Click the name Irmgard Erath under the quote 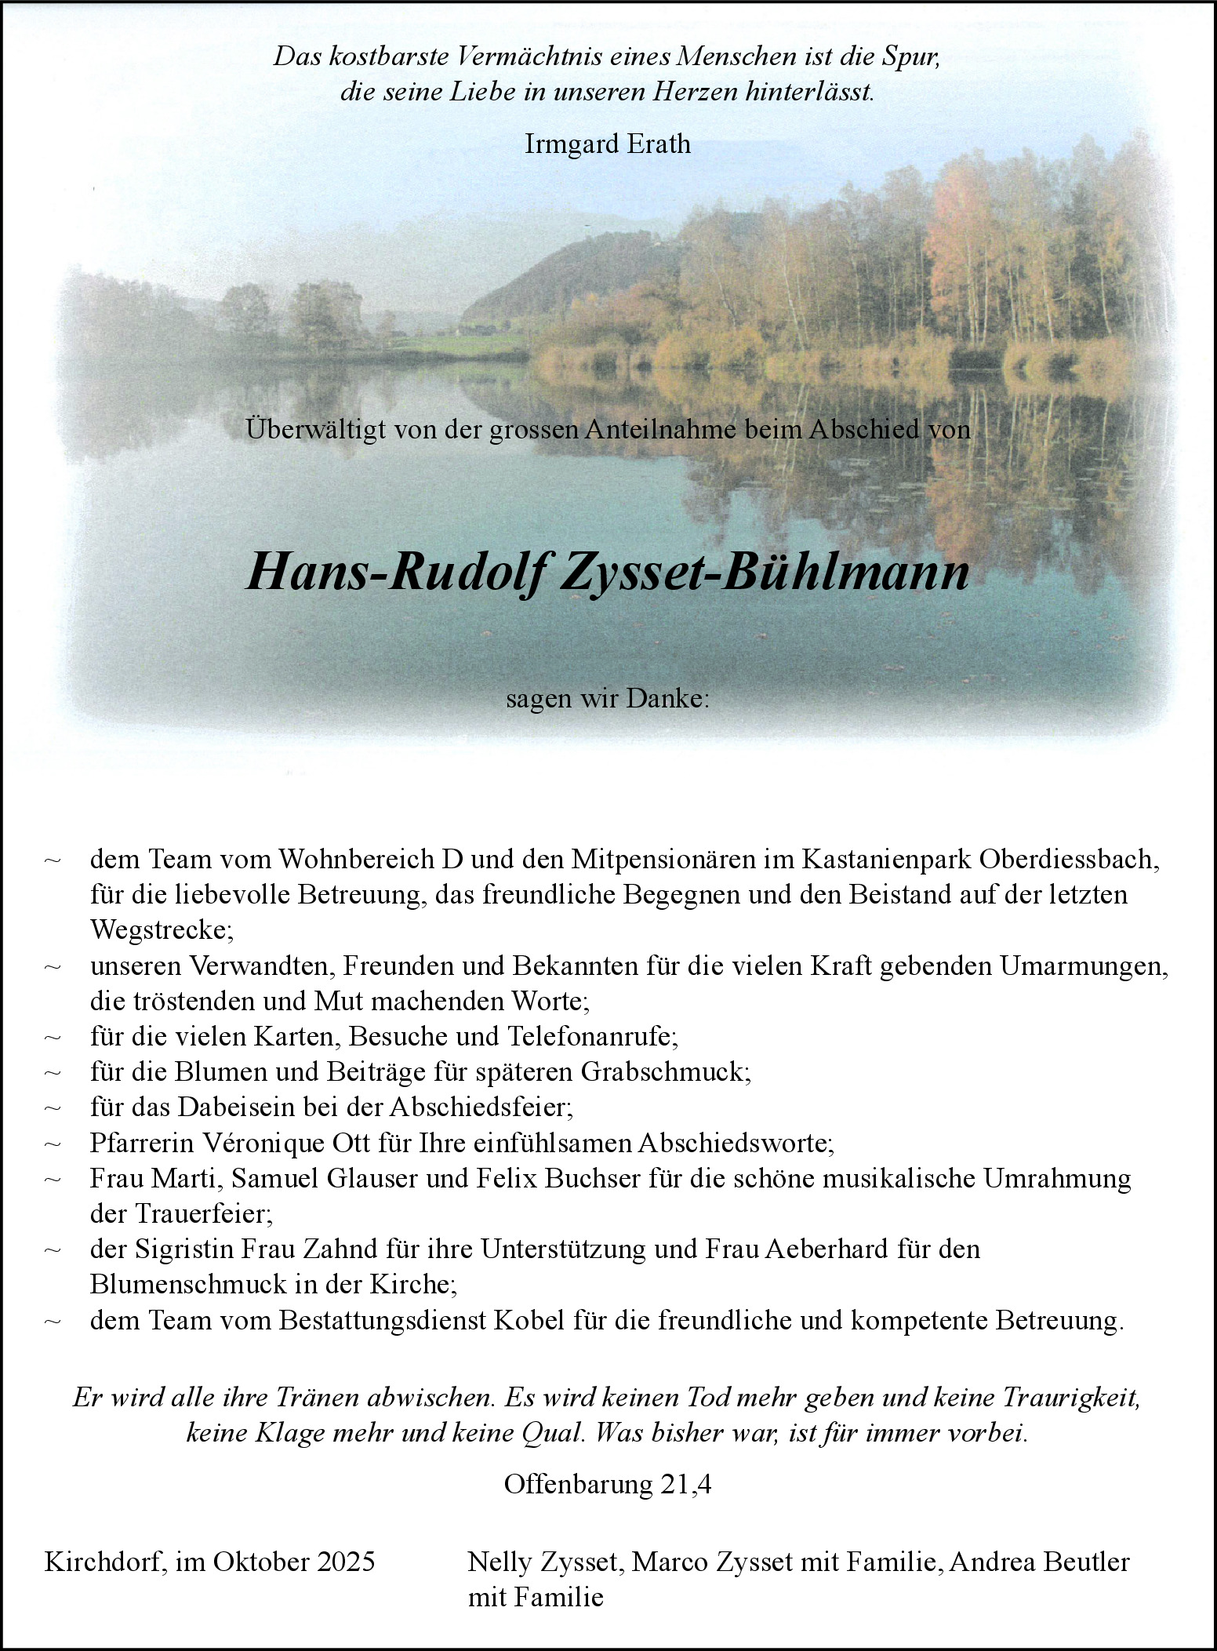click(x=608, y=144)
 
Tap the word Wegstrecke click(x=160, y=930)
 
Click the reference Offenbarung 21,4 click(x=608, y=1485)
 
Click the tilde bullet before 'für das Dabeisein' click(x=53, y=1108)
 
